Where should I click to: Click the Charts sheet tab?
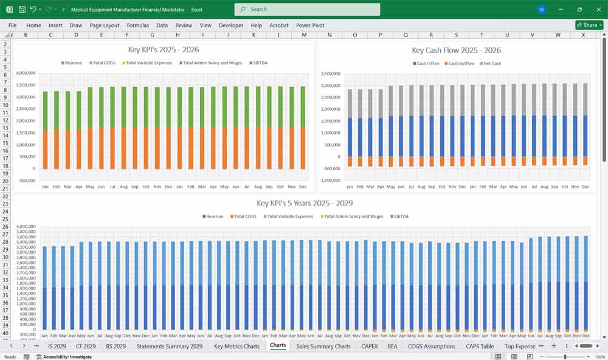pos(278,346)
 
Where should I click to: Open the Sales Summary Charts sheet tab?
pos(323,346)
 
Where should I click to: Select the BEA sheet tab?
pos(392,346)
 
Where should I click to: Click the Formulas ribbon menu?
pos(137,26)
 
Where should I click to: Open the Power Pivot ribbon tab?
pos(310,26)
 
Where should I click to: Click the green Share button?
pos(589,25)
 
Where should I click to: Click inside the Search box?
pos(307,9)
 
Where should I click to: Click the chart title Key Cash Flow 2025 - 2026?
pos(456,50)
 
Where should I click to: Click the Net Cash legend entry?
pos(491,63)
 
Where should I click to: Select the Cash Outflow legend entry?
pos(460,63)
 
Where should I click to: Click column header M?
pos(304,35)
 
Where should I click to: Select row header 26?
pos(5,227)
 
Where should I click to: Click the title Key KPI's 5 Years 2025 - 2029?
pos(304,203)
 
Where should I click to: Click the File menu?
pos(12,26)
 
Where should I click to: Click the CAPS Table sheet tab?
pos(480,346)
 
